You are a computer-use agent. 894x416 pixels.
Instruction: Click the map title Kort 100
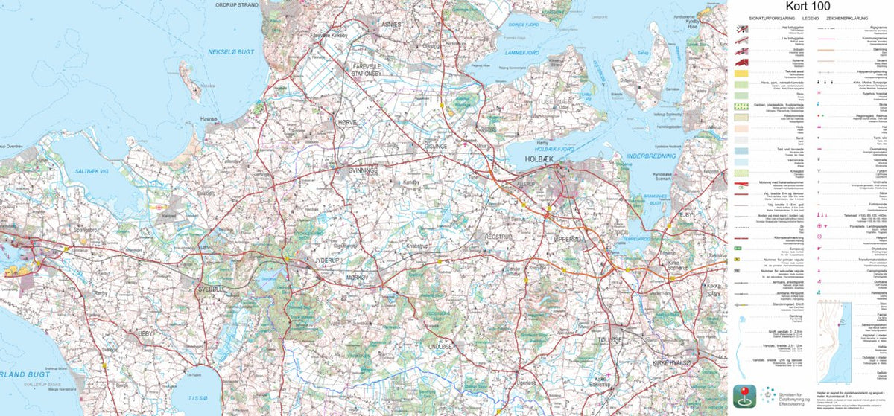pos(810,7)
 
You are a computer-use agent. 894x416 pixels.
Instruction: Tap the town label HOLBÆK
pos(545,157)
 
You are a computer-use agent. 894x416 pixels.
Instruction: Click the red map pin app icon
pos(747,394)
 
